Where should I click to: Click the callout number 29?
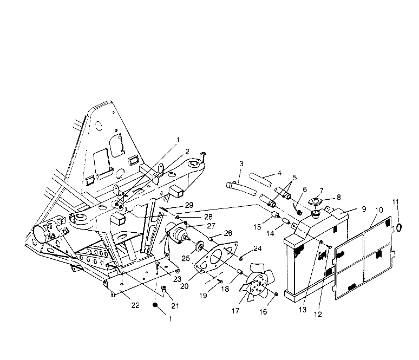coord(189,205)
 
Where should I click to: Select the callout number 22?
coord(135,305)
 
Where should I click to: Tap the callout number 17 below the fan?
coord(235,311)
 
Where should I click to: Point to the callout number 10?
coord(379,210)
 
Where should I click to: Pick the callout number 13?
coord(303,310)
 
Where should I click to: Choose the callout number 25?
coord(186,258)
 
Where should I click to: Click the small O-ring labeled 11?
coord(398,227)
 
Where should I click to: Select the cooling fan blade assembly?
coord(257,282)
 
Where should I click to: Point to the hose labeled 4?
coord(261,180)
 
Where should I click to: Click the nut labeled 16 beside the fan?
coord(276,294)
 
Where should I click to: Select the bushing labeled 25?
coord(199,246)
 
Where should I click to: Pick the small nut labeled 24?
coord(240,258)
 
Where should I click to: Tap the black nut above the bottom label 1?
coord(154,305)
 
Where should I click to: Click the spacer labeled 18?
coord(240,272)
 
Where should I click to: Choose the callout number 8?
coord(338,198)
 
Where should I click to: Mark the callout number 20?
coord(185,286)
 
